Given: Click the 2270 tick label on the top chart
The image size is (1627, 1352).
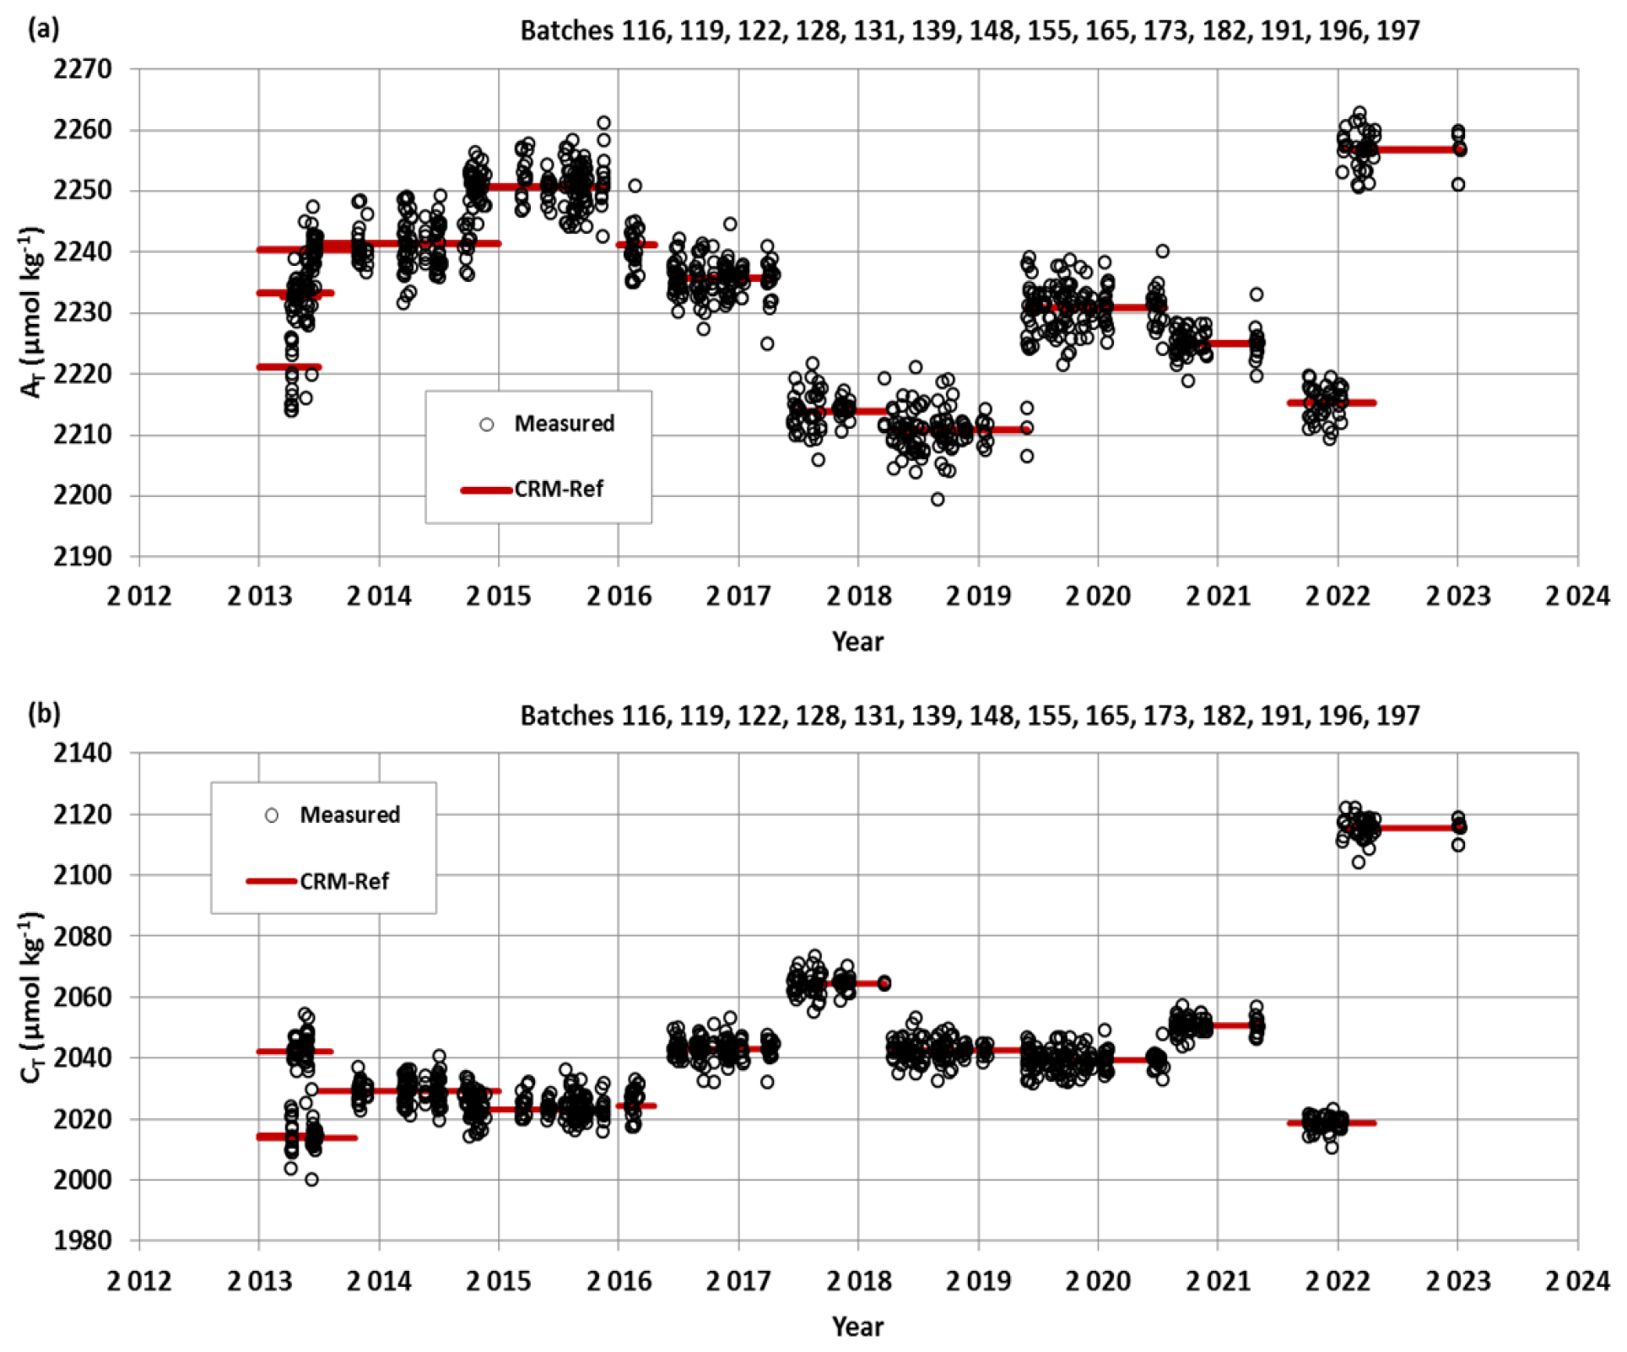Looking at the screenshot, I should coord(82,69).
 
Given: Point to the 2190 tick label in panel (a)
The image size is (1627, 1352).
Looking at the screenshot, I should coord(82,557).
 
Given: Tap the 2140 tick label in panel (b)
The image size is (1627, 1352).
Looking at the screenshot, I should coord(82,753).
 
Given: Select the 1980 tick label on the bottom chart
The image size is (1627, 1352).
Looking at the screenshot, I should coord(82,1241).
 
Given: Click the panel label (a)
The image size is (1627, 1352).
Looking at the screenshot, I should coord(43,30).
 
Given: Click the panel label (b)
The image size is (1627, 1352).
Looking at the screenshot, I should coord(43,714).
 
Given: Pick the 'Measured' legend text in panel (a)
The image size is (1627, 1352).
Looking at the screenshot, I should coord(564,424).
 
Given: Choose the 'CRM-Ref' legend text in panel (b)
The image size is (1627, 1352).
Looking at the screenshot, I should coord(344,882).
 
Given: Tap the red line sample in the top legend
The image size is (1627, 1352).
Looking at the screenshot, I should coord(486,489).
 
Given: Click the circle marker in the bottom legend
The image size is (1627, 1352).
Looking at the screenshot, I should coord(272,815).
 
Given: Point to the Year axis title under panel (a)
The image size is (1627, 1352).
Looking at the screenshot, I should coord(857,641).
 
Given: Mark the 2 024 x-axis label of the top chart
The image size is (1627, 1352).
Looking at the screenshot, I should coord(1576,597).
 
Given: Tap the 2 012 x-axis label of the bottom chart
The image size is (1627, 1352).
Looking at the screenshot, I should coord(139,1281).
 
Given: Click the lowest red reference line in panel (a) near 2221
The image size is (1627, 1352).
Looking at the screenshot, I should coord(289,367).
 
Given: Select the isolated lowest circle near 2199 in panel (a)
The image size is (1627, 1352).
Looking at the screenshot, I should coord(938,500).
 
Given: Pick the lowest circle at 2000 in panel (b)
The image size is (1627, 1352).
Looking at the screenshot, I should coord(311,1180).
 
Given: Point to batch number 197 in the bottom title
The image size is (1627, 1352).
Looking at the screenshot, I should coord(1397,716).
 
